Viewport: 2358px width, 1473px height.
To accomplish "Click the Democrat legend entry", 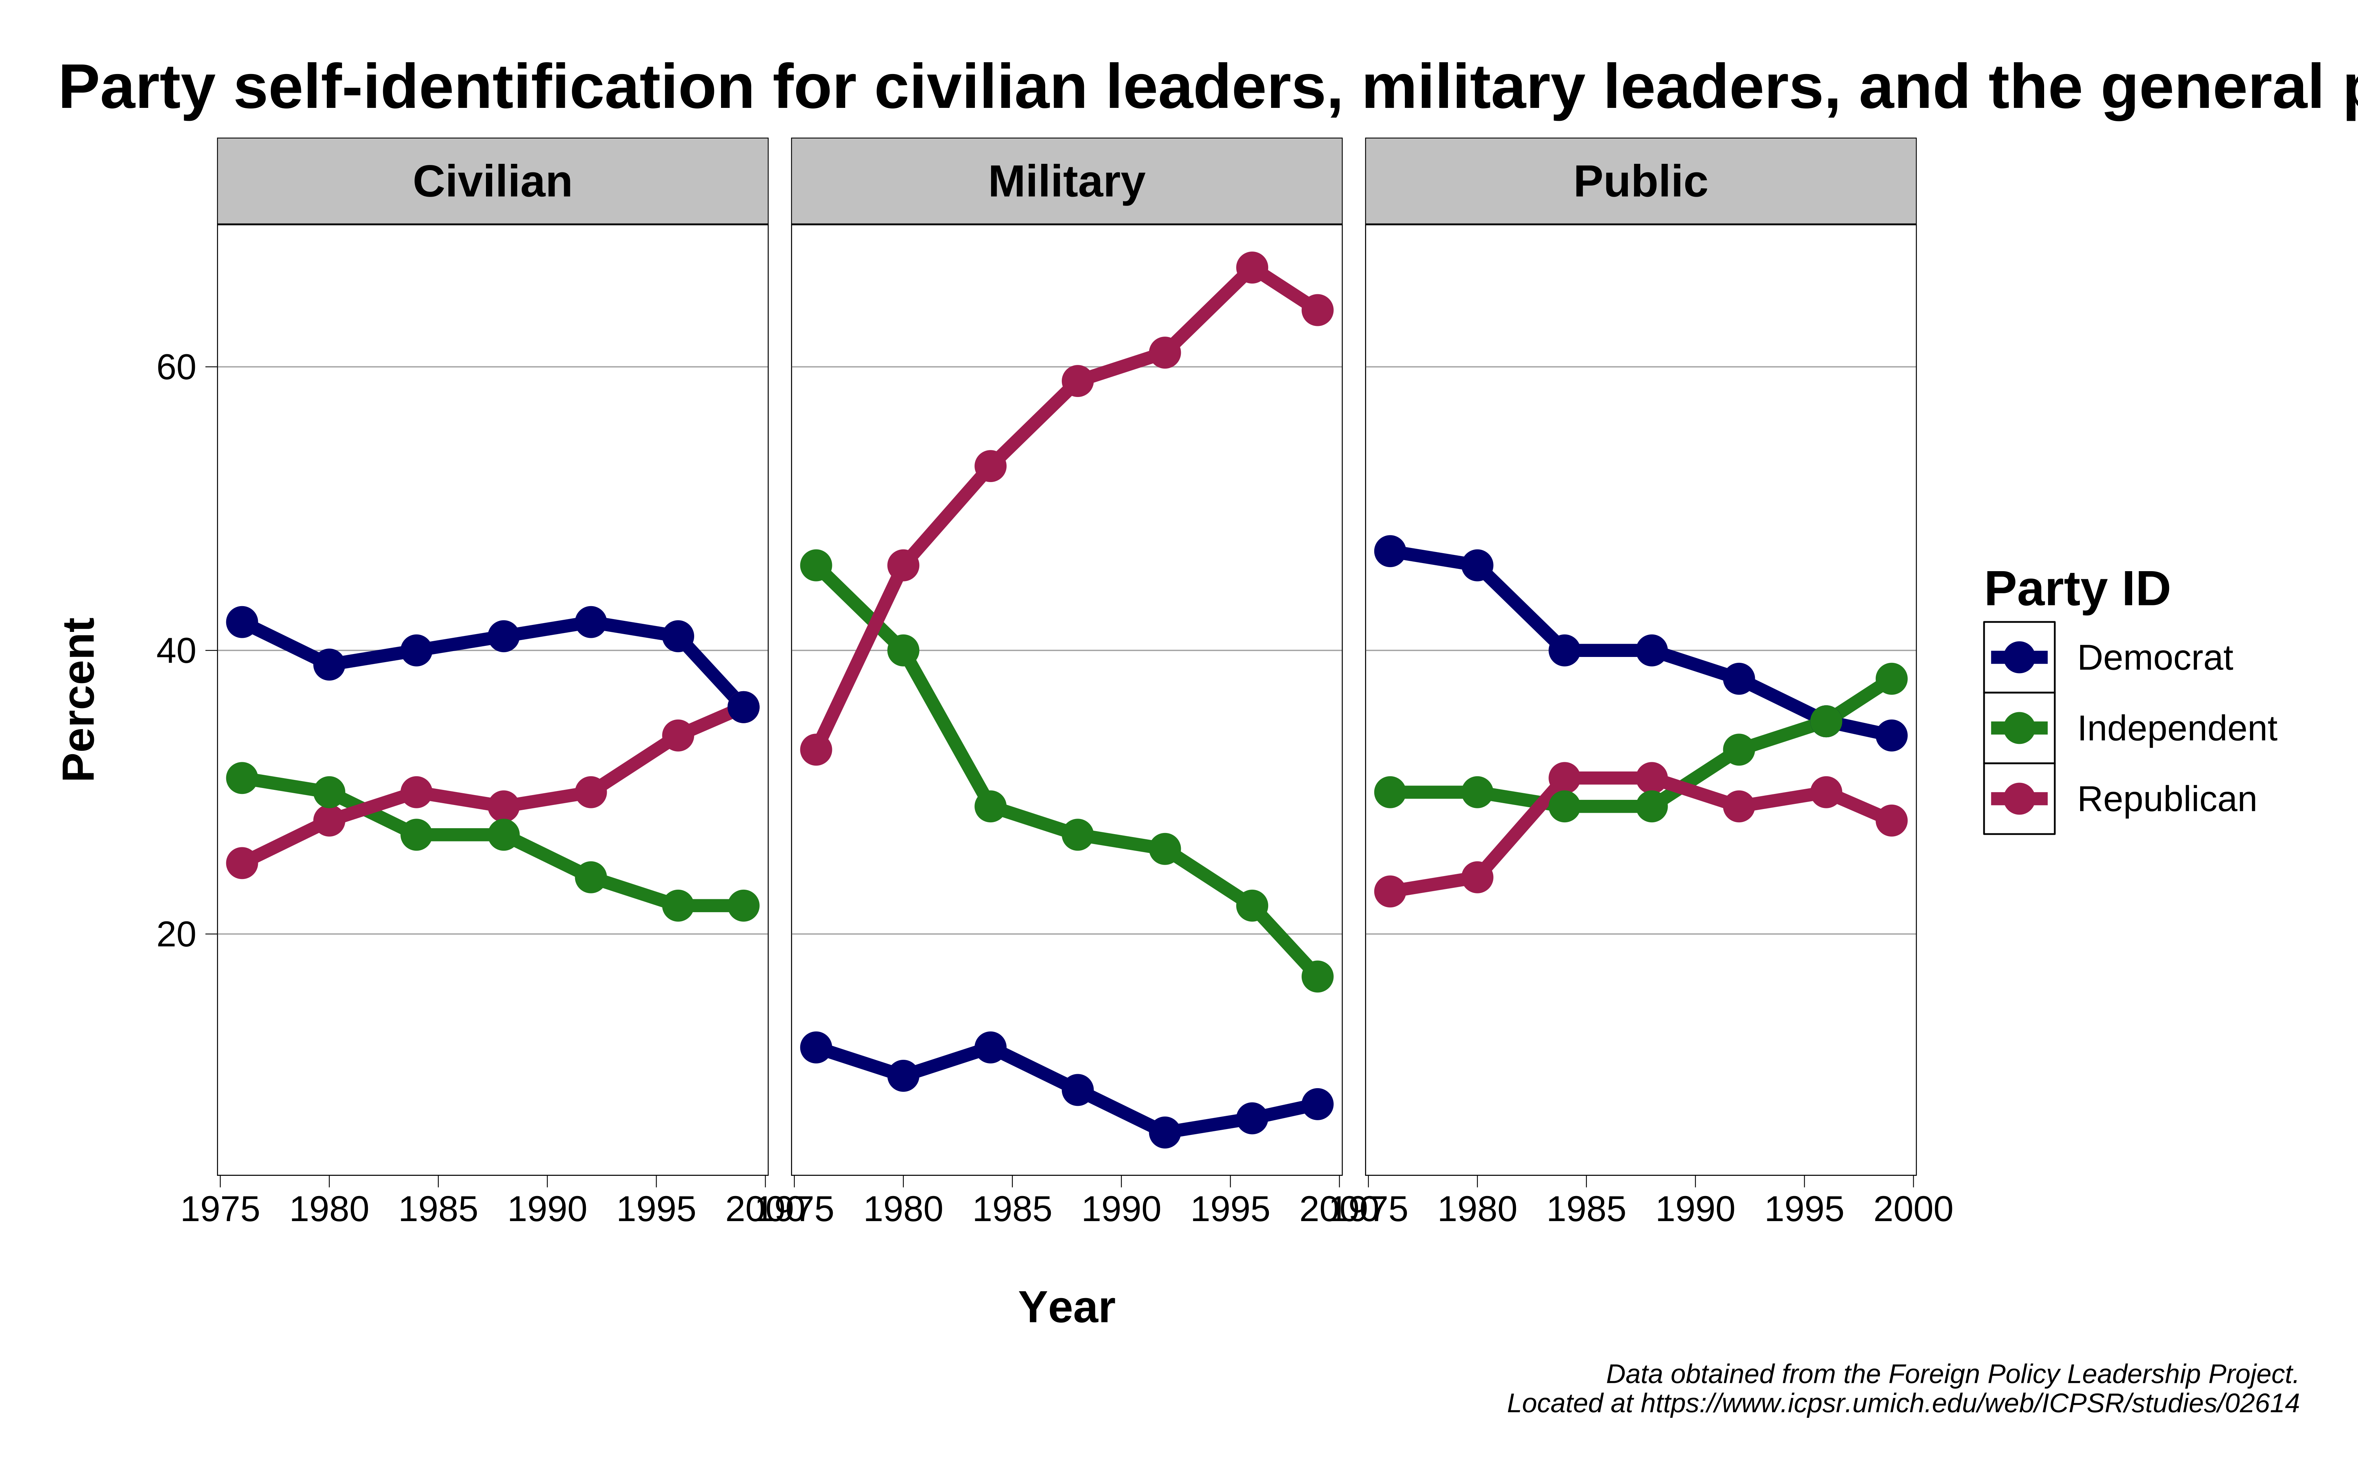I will [2154, 658].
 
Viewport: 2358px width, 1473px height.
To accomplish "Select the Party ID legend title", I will [2077, 590].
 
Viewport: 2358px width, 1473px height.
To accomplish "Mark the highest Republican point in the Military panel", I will [1252, 267].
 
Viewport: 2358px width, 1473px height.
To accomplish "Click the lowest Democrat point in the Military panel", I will [1164, 1132].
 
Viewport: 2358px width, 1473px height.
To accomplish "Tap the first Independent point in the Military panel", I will [816, 565].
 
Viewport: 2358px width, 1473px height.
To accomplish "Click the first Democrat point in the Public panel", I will [1389, 551].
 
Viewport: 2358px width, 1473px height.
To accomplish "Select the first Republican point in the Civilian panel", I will [242, 863].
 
